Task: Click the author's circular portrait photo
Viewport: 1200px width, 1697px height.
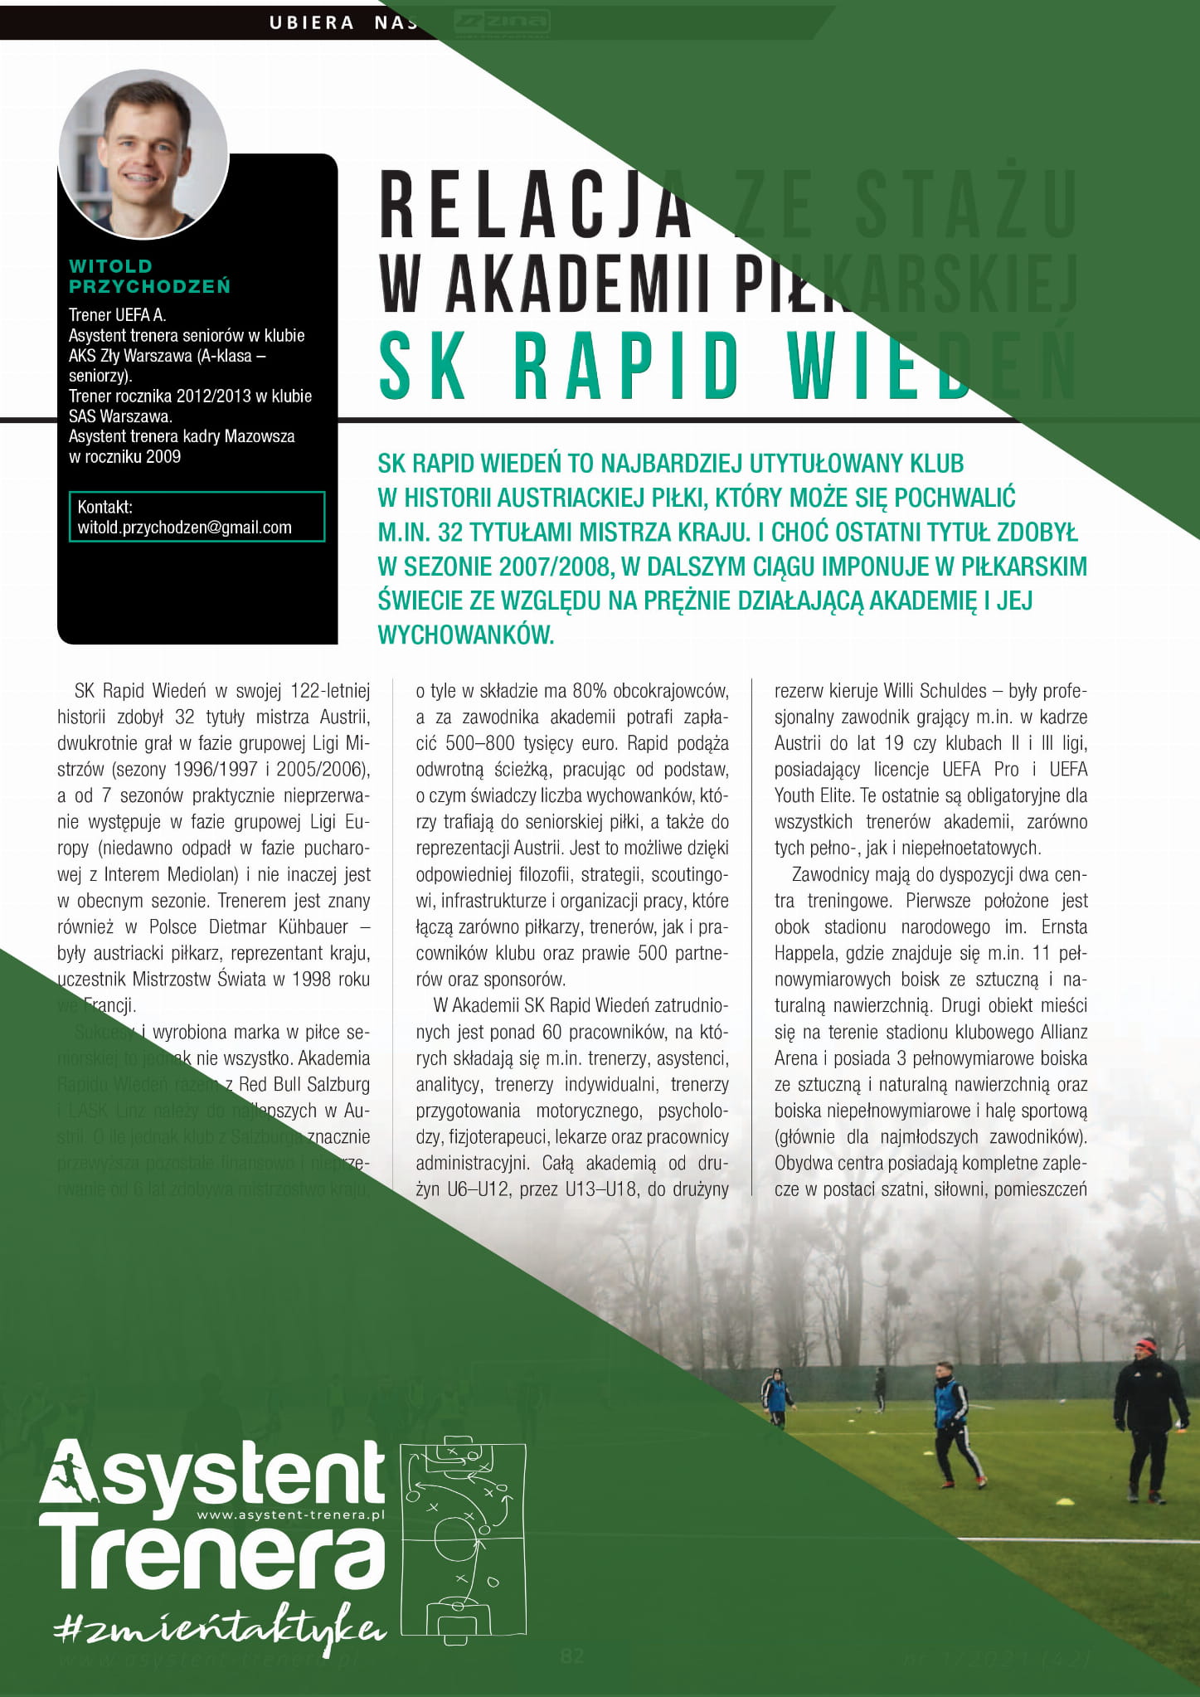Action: (143, 154)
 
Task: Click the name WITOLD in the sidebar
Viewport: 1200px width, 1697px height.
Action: (110, 266)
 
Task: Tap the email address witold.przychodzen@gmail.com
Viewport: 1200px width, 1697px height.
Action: (184, 528)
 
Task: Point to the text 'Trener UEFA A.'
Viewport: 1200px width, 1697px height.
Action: (117, 315)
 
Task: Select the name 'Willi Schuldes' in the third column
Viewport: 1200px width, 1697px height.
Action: (935, 691)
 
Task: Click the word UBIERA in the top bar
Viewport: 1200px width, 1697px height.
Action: (311, 23)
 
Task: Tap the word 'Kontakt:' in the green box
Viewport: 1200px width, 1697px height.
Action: (104, 507)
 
